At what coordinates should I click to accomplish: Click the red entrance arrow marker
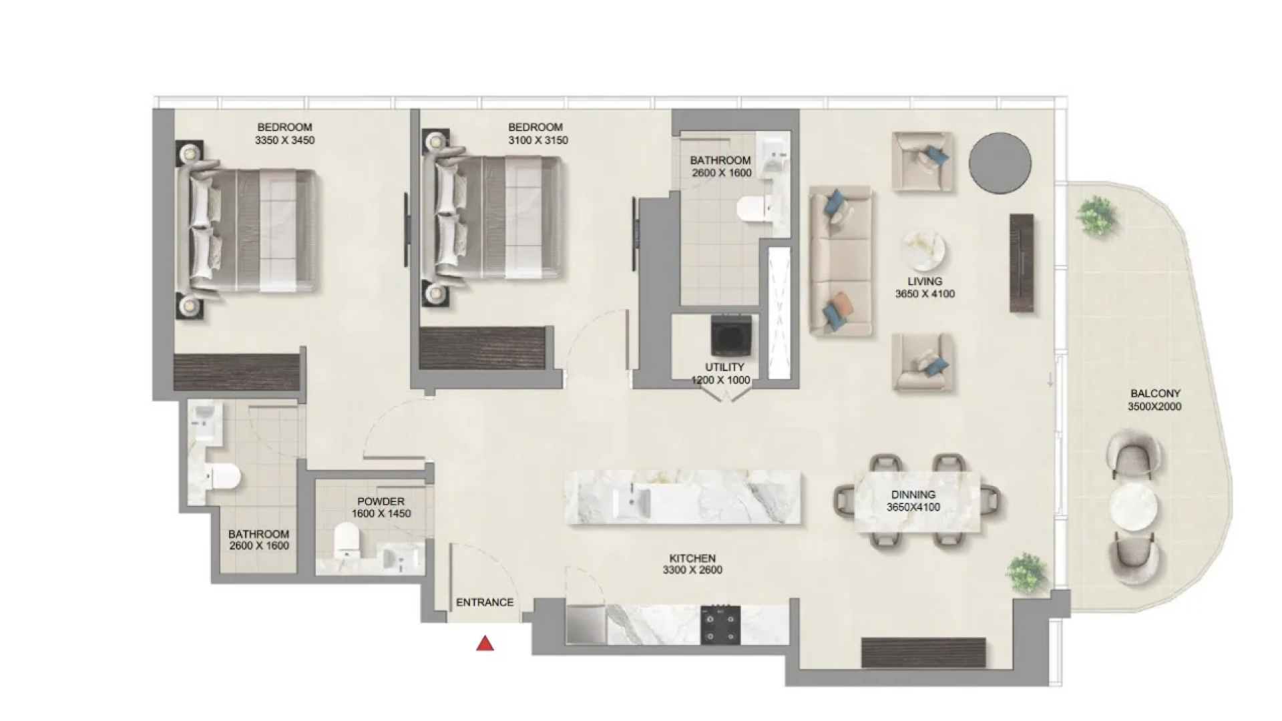(x=485, y=644)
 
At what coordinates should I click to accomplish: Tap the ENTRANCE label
(x=485, y=602)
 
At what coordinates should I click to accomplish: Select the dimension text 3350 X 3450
(x=284, y=140)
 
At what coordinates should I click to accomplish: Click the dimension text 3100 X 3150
(x=538, y=140)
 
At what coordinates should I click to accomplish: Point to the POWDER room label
(x=381, y=501)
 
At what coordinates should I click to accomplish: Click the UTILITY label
(x=724, y=367)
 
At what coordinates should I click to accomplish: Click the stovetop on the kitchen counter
(x=720, y=625)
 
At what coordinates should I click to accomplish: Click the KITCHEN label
(x=692, y=558)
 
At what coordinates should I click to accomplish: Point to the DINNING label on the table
(x=913, y=495)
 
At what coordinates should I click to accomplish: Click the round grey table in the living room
(x=1000, y=164)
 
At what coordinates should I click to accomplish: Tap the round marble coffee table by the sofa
(x=923, y=252)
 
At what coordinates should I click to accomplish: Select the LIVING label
(x=925, y=282)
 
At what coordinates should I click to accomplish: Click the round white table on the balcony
(x=1133, y=507)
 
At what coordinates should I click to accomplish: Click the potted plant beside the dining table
(x=1026, y=572)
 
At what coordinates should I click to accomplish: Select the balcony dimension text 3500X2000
(x=1154, y=407)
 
